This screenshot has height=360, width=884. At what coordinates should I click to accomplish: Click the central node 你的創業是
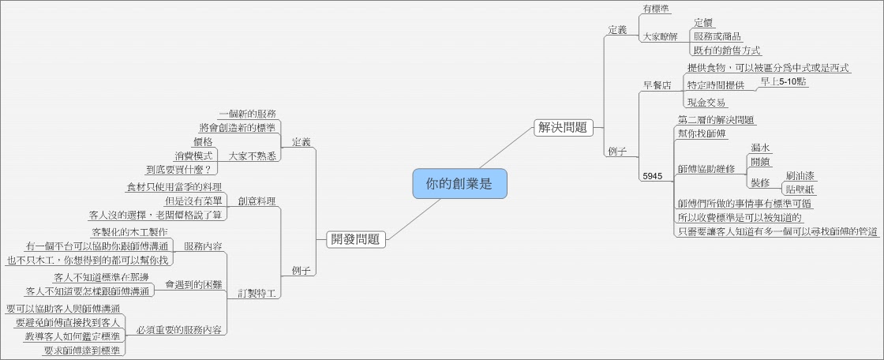459,184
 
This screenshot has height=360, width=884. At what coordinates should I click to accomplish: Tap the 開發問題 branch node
355,239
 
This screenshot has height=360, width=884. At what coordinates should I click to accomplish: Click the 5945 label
652,176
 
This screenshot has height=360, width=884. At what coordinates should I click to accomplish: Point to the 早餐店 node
657,85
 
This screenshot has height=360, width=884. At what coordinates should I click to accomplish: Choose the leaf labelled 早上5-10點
783,81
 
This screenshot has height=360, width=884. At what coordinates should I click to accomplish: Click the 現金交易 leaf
706,102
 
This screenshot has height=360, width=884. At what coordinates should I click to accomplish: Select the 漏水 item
761,148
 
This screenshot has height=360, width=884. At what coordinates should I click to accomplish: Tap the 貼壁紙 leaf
800,189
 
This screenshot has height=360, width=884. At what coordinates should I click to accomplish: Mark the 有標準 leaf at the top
657,9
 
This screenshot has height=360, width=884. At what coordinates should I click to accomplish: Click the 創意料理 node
257,201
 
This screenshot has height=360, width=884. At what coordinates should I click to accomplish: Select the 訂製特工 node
257,294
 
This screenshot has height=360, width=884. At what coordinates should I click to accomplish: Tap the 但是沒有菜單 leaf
193,201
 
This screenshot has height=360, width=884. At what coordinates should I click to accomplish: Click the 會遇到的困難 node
193,283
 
